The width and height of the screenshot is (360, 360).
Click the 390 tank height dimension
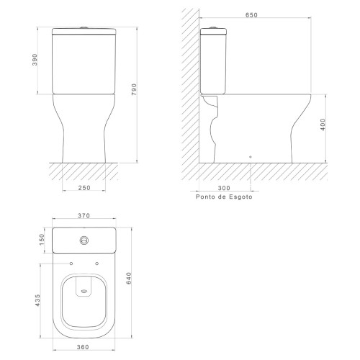tap(35, 60)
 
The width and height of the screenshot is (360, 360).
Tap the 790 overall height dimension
tap(134, 89)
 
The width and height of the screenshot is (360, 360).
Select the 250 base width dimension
tap(84, 188)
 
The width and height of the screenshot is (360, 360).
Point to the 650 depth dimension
tap(251, 15)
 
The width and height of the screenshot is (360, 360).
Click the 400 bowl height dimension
tap(323, 125)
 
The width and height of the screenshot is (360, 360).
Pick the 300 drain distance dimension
tap(224, 188)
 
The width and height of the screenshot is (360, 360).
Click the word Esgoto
tap(240, 197)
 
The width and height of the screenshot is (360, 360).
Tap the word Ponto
tap(205, 197)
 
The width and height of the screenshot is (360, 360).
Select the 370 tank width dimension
tap(84, 215)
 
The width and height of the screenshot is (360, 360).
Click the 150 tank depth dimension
tap(42, 240)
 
